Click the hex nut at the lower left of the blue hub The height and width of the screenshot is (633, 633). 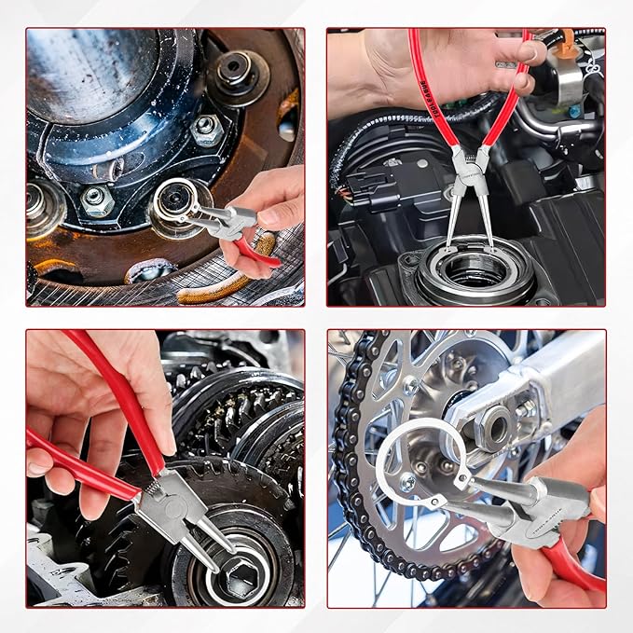96,199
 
